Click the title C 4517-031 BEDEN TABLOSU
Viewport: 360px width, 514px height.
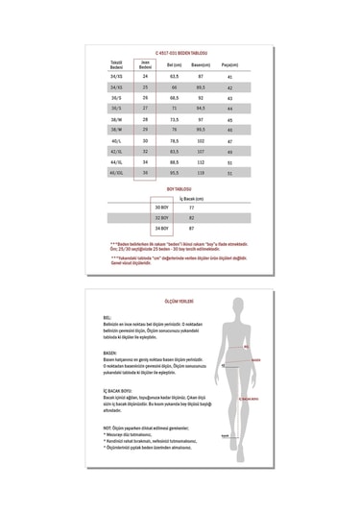180,53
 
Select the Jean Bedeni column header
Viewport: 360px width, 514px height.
145,65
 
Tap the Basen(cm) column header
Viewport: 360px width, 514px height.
202,64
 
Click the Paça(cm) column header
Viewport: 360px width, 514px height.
229,64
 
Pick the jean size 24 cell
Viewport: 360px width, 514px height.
145,76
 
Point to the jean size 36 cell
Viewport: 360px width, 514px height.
145,174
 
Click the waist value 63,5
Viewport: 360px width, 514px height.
175,76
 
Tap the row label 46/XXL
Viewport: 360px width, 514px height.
118,174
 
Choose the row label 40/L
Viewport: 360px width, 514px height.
118,141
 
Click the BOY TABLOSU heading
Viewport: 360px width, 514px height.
180,190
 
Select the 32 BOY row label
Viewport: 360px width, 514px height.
161,218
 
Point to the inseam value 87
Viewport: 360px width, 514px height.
191,229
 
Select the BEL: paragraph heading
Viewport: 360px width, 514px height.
106,315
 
